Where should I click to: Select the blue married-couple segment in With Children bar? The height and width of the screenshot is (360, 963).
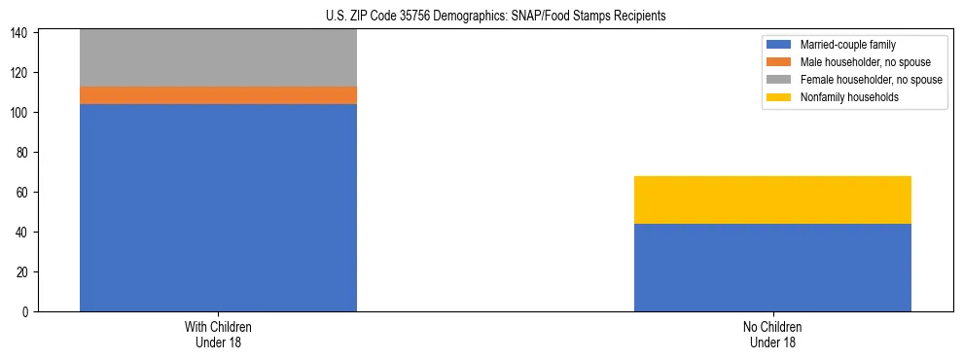(x=218, y=207)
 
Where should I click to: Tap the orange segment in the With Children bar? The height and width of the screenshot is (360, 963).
(x=218, y=95)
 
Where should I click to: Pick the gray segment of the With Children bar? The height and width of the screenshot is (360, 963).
(x=218, y=58)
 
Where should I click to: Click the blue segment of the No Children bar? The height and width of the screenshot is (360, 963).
(x=772, y=268)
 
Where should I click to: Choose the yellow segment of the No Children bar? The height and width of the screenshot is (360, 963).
(x=772, y=199)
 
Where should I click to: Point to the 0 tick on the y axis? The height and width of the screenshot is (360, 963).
(x=28, y=312)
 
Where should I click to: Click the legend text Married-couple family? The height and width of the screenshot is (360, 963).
(x=847, y=45)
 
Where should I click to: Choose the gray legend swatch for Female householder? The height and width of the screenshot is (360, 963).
(x=779, y=80)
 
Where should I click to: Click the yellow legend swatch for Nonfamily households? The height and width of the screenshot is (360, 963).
(x=779, y=97)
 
